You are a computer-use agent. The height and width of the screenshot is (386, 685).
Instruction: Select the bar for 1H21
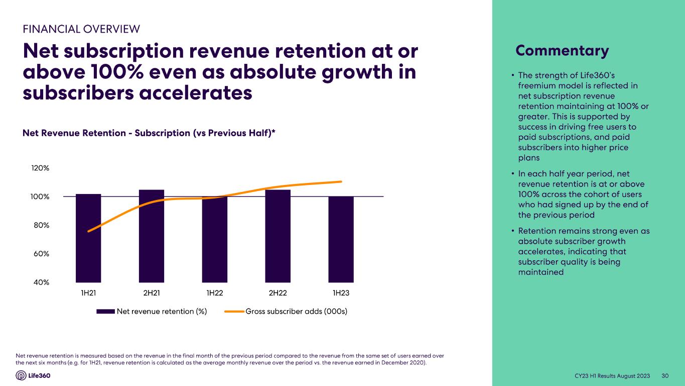pyautogui.click(x=88, y=238)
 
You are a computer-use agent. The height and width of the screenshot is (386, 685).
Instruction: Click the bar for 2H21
pyautogui.click(x=152, y=236)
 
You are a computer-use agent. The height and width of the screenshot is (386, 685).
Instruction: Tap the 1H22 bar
pyautogui.click(x=215, y=240)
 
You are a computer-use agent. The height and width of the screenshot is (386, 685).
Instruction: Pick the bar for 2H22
pyautogui.click(x=278, y=236)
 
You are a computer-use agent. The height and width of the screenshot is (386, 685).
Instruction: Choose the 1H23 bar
pyautogui.click(x=341, y=240)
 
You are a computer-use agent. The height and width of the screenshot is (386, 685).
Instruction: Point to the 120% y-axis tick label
pyautogui.click(x=41, y=168)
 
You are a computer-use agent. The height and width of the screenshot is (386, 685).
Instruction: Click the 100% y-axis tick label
pyautogui.click(x=41, y=197)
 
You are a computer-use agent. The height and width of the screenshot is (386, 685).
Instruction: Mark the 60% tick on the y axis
pyautogui.click(x=41, y=254)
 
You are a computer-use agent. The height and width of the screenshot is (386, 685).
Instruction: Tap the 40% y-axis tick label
pyautogui.click(x=41, y=282)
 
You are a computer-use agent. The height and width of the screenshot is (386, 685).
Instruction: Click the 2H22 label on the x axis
pyautogui.click(x=278, y=294)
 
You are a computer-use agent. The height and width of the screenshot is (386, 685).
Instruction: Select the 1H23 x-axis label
pyautogui.click(x=341, y=294)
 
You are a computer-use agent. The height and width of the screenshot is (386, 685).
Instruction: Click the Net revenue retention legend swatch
pyautogui.click(x=105, y=312)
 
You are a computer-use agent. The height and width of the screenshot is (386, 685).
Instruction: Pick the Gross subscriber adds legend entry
pyautogui.click(x=296, y=312)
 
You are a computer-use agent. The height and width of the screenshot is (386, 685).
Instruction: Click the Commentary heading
pyautogui.click(x=562, y=51)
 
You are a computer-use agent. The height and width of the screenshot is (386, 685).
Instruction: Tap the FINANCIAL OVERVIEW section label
pyautogui.click(x=81, y=29)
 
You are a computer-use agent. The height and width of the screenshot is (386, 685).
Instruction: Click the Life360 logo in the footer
pyautogui.click(x=33, y=375)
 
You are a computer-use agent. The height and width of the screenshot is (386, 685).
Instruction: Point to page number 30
pyautogui.click(x=666, y=376)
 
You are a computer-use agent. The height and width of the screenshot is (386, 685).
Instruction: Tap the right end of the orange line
pyautogui.click(x=341, y=181)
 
